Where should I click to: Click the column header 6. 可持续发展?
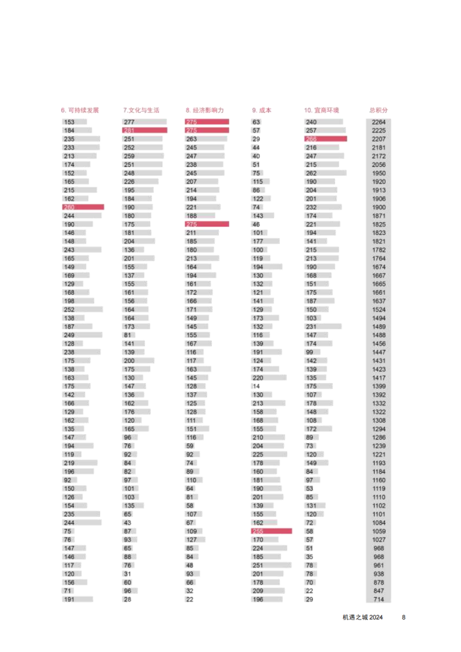[81, 110]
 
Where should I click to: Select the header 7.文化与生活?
[141, 110]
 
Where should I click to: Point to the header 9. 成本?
[262, 110]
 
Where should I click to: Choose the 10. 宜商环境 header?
[322, 110]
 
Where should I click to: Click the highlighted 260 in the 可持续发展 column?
[69, 207]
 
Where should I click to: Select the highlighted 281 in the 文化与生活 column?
[129, 131]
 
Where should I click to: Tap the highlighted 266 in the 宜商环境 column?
[312, 139]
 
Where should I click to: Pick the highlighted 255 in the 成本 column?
[258, 531]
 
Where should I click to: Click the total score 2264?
[379, 122]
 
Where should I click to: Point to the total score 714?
[379, 599]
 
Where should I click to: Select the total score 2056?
[379, 165]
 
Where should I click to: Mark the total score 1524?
[379, 310]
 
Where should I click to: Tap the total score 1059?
[379, 531]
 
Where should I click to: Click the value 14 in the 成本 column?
[256, 386]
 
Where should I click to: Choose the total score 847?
[379, 591]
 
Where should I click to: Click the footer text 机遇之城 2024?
[362, 618]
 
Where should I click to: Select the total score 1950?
[379, 173]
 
